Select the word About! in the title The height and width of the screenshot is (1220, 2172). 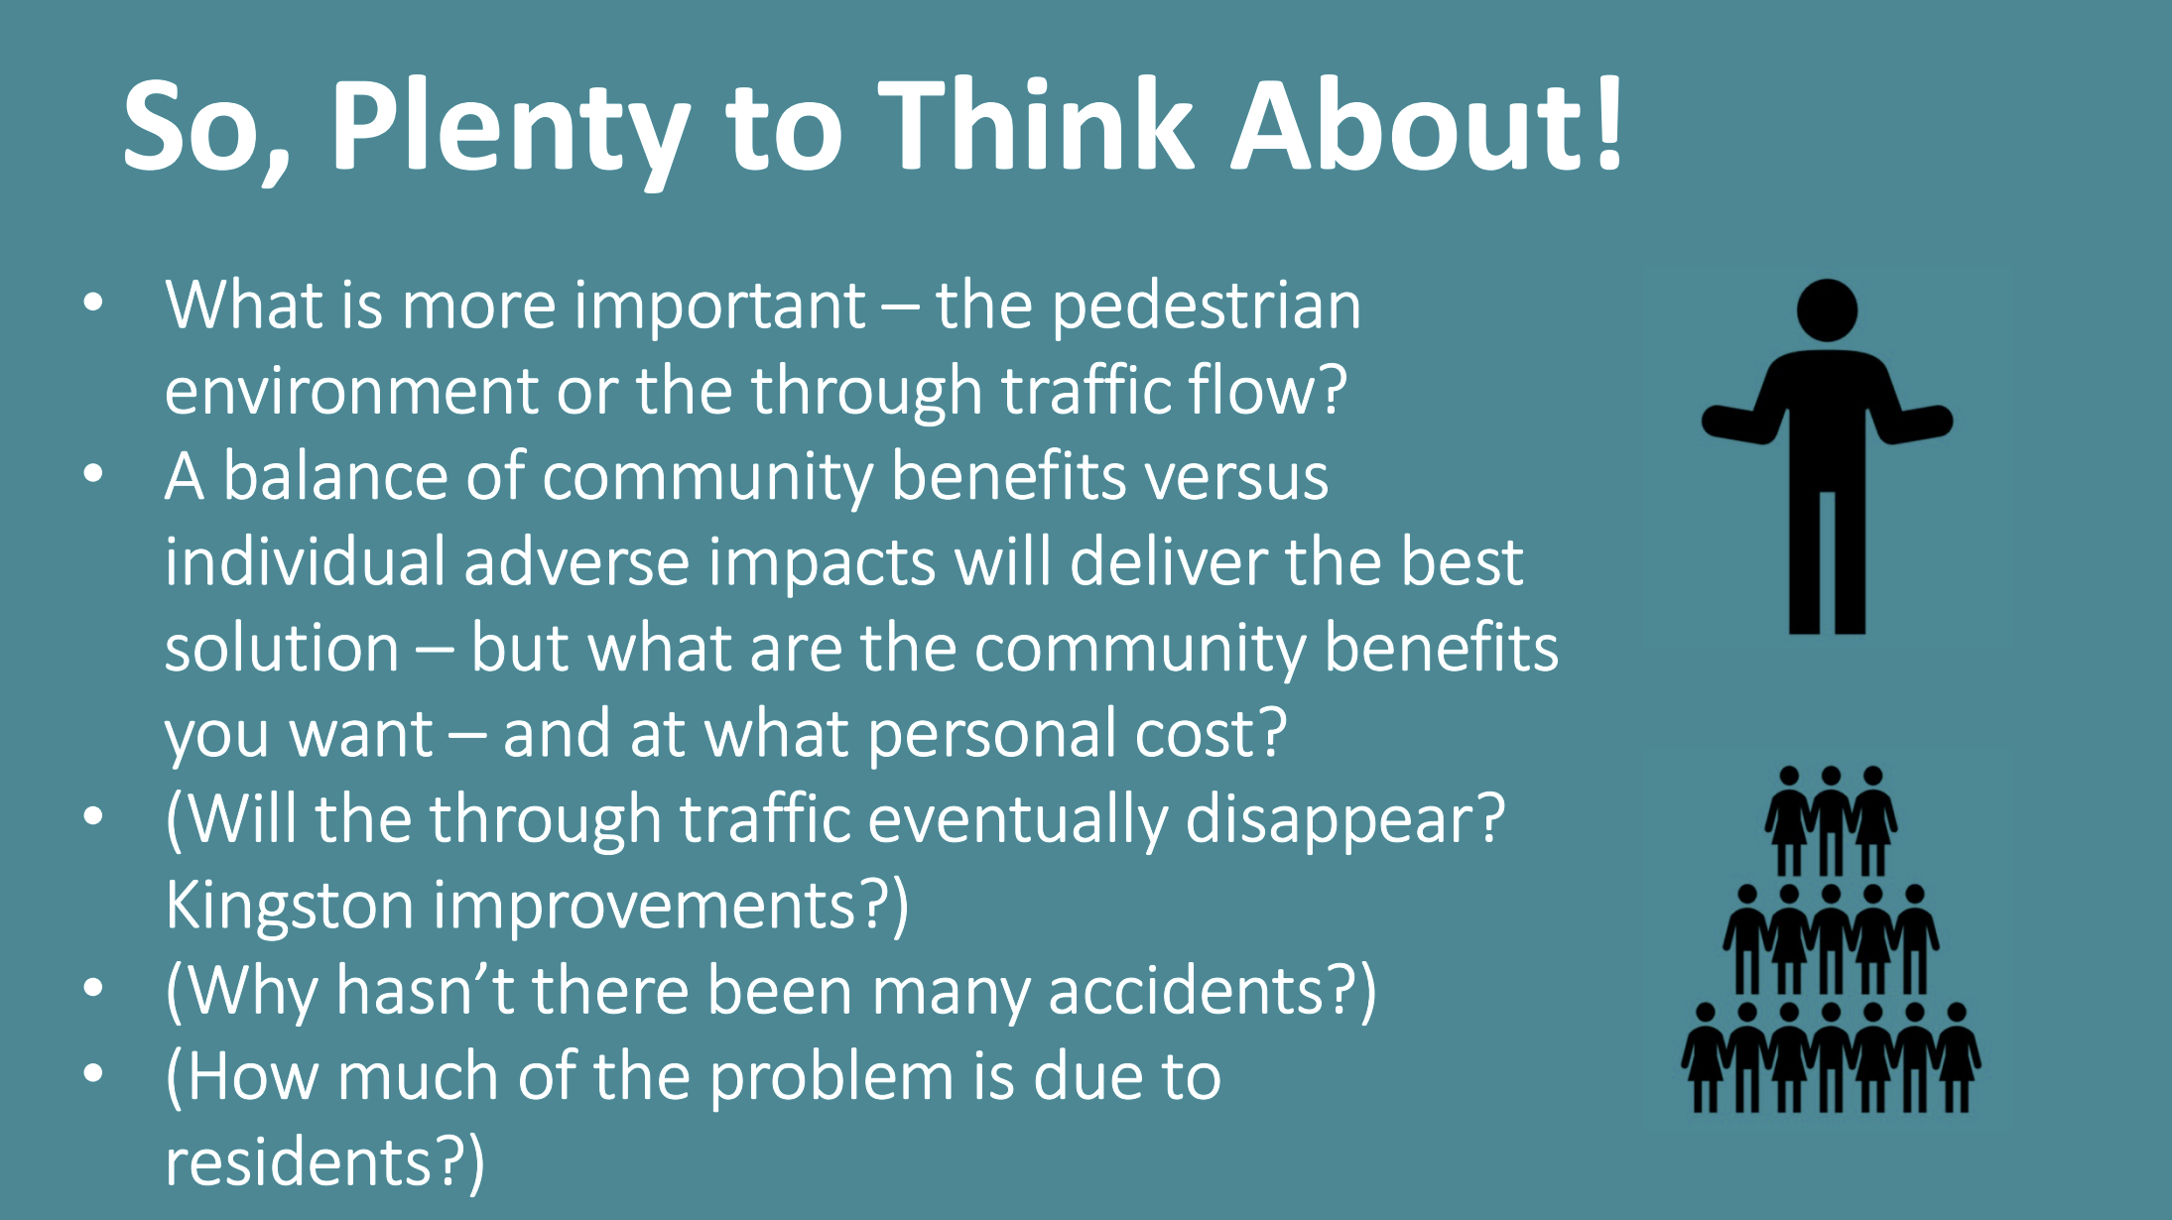(1427, 124)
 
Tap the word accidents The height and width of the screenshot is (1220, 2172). (1186, 990)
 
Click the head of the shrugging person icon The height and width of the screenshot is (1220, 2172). (1827, 310)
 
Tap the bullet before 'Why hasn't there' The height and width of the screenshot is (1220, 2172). (93, 988)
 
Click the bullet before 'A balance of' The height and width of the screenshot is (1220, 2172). (93, 474)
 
